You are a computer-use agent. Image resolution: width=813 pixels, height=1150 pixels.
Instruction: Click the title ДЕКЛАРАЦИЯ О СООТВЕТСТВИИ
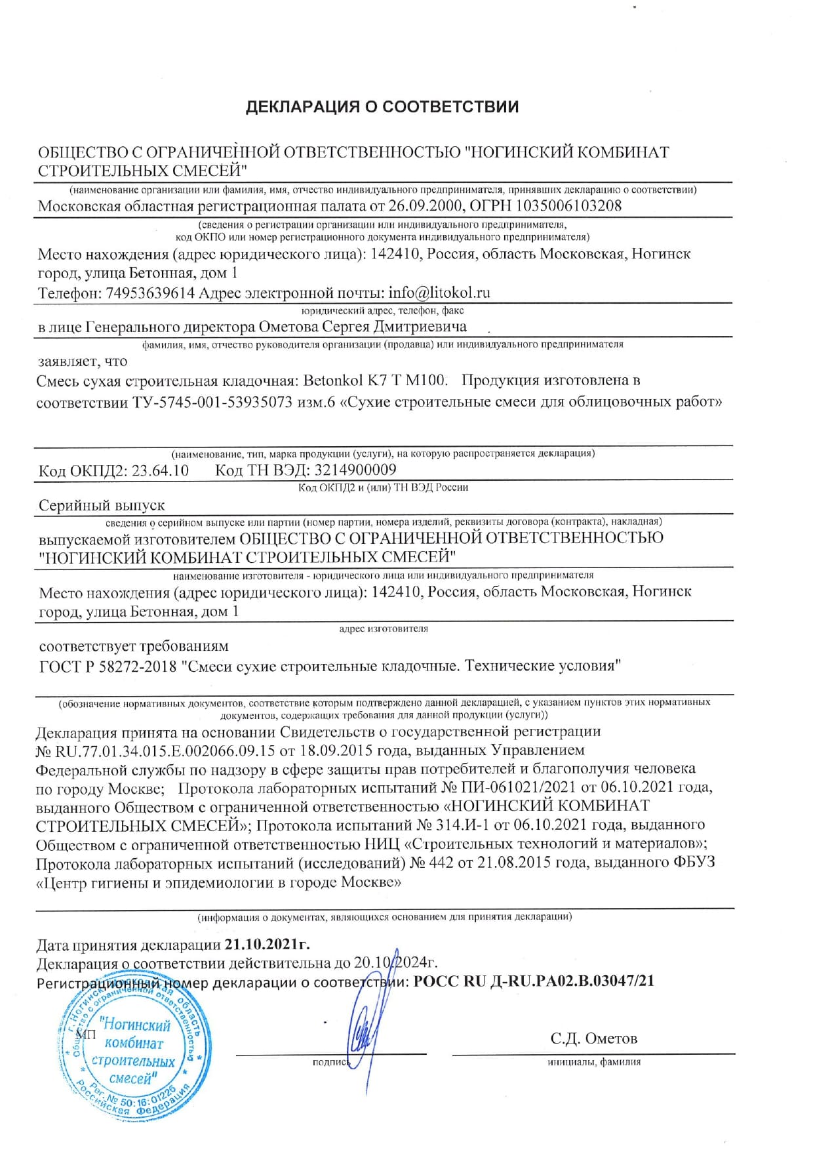point(382,107)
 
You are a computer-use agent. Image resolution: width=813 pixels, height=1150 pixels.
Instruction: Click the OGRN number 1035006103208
point(568,206)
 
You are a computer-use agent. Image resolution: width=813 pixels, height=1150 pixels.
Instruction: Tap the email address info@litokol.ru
point(439,293)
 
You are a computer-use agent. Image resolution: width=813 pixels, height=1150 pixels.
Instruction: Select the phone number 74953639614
point(150,293)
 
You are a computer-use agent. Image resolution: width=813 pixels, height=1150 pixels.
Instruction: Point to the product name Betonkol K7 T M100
point(376,380)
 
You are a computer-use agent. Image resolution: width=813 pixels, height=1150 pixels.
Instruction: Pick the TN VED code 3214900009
point(355,470)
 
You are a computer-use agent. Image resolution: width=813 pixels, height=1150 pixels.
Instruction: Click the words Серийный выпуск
point(102,506)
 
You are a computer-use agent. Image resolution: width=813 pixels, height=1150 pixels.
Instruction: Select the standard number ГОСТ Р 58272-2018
point(109,667)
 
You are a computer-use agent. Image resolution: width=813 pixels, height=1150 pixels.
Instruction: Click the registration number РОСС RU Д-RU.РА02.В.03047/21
point(534,981)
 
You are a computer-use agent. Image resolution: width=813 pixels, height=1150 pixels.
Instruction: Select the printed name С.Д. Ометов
point(593,1038)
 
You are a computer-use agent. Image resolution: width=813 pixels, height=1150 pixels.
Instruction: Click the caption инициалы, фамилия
point(593,1062)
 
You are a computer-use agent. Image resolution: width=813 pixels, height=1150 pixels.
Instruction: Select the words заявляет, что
point(83,361)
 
